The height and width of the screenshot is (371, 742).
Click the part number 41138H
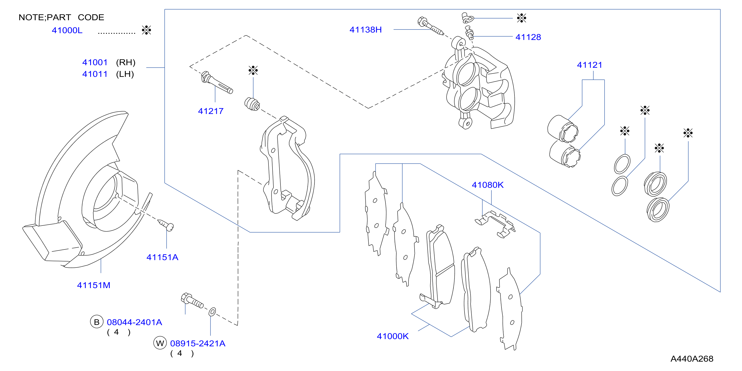point(366,30)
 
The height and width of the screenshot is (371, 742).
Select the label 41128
point(528,37)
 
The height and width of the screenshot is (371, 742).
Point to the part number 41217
point(211,111)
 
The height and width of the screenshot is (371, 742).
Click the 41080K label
point(488,185)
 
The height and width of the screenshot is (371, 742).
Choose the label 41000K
point(393,336)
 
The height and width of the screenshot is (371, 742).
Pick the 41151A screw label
point(162,257)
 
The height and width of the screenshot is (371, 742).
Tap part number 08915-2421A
point(198,343)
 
